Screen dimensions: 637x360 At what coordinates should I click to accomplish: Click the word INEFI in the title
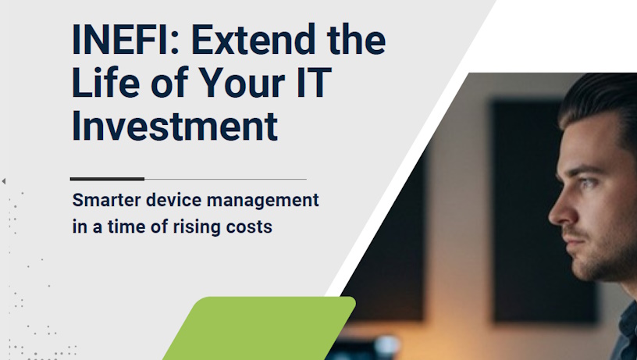(x=120, y=40)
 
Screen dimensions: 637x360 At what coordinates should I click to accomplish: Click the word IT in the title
(x=314, y=84)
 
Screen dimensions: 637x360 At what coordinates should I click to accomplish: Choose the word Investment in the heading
(x=175, y=127)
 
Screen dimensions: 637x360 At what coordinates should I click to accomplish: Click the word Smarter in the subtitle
(x=106, y=201)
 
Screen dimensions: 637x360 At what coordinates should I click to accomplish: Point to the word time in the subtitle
(x=126, y=226)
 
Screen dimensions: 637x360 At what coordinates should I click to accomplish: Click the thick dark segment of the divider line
(x=107, y=179)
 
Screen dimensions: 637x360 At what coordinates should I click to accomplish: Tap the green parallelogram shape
(x=260, y=328)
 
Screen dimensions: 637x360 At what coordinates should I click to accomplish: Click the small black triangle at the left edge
(x=4, y=181)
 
